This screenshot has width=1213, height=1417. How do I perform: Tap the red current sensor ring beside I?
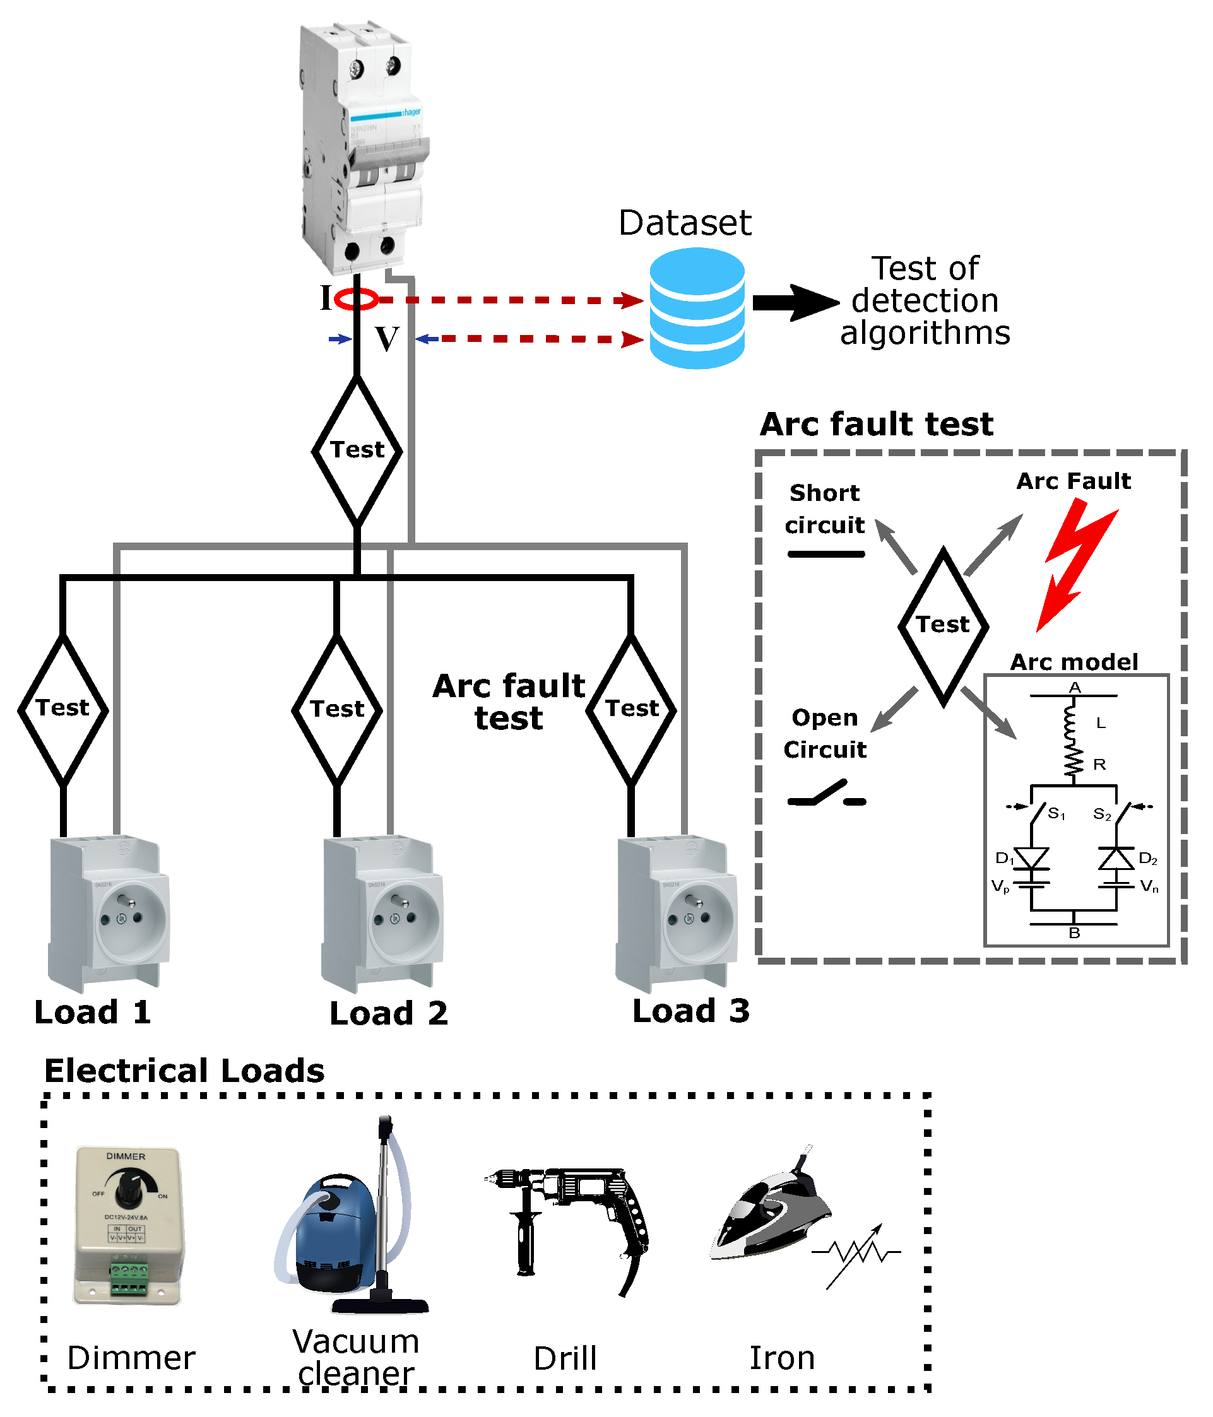coord(357,299)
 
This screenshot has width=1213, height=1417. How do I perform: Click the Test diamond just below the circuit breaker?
coord(357,450)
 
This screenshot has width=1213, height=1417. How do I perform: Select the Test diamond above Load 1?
coord(63,709)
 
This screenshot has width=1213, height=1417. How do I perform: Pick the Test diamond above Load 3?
coord(630,710)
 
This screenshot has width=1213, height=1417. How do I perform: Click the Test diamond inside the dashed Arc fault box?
coord(943,626)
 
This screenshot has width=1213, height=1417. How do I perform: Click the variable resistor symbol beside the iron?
coord(856,1253)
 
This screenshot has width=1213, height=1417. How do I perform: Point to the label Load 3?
coord(690,1011)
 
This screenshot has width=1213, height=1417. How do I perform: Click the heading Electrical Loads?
coord(184,1070)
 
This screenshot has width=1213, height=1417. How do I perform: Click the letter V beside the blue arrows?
coord(386,339)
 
